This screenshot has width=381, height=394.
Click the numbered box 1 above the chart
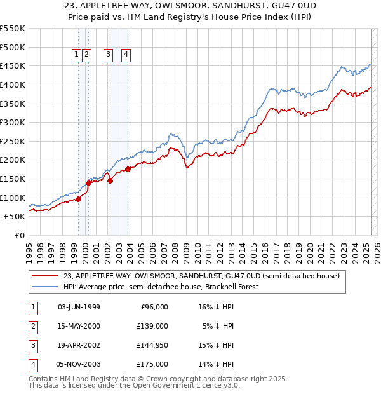point(76,55)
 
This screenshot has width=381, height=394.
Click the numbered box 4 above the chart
point(126,55)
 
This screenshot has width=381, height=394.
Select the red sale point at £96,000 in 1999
point(79,199)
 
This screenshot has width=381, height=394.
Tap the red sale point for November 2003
point(128,169)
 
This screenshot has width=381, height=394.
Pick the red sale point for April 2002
point(110,180)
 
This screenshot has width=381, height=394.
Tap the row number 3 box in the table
point(33,345)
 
